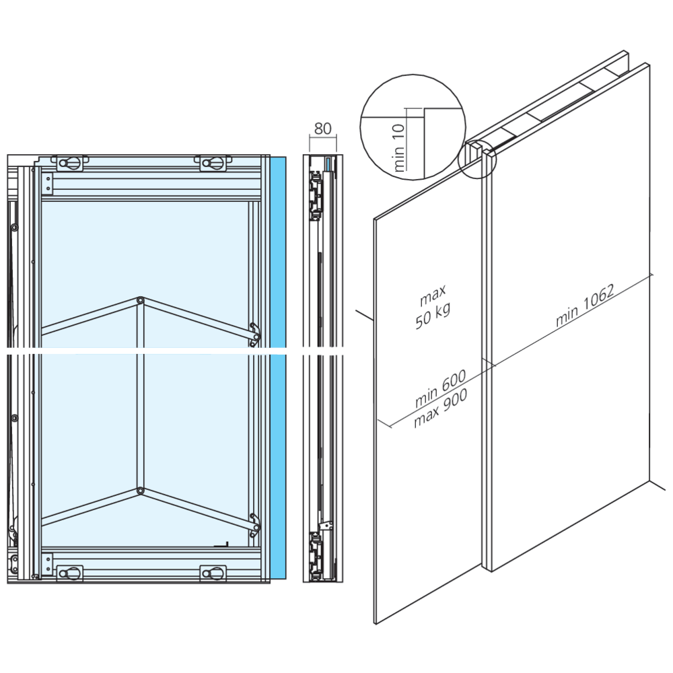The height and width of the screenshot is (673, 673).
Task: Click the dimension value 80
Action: (x=323, y=128)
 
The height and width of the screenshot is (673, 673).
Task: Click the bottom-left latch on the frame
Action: (x=70, y=573)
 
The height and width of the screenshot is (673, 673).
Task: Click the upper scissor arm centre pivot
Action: (x=140, y=300)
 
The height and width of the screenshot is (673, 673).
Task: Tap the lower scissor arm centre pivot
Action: (x=140, y=491)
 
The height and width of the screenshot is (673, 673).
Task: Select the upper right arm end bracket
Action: (x=254, y=333)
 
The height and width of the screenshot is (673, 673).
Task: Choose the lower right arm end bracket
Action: (x=254, y=524)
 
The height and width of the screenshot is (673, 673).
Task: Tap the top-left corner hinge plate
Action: (x=47, y=182)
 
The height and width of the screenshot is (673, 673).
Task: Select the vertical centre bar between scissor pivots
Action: (x=140, y=397)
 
